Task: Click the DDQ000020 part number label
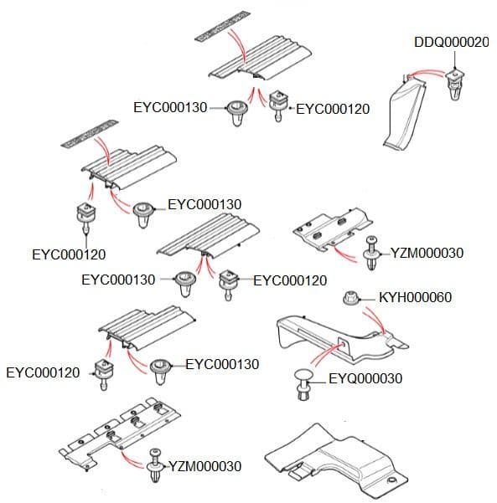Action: pyautogui.click(x=452, y=43)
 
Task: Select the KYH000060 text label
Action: pyautogui.click(x=415, y=297)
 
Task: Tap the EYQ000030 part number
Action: pyautogui.click(x=365, y=378)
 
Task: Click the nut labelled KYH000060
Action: pyautogui.click(x=353, y=298)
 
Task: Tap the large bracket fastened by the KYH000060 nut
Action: pyautogui.click(x=335, y=335)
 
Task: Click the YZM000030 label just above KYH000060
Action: pyautogui.click(x=427, y=253)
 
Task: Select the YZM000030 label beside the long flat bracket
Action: pyautogui.click(x=205, y=466)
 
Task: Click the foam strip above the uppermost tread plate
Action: pyautogui.click(x=222, y=25)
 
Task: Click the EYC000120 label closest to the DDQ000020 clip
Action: pyautogui.click(x=333, y=108)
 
